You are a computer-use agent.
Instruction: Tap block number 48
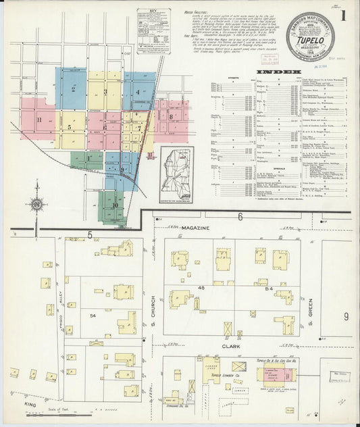[200, 288]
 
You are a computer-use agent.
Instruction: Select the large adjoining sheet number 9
[345, 316]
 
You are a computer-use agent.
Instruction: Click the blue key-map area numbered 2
[72, 88]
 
